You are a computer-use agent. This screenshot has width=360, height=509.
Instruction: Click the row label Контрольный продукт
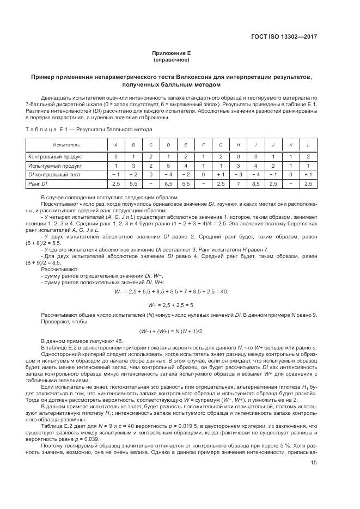pyautogui.click(x=56, y=156)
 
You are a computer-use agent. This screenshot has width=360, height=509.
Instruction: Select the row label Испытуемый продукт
pyautogui.click(x=56, y=165)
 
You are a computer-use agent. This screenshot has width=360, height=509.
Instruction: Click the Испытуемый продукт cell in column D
pyautogui.click(x=168, y=165)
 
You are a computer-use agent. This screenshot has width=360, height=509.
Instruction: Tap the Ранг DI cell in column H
pyautogui.click(x=239, y=183)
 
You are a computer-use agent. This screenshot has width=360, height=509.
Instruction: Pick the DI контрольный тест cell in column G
pyautogui.click(x=221, y=174)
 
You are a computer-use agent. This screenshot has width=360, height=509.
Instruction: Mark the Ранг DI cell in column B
pyautogui.click(x=133, y=183)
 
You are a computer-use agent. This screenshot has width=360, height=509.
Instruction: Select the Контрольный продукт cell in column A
pyautogui.click(x=115, y=156)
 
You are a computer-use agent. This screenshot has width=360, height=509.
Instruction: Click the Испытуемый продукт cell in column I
pyautogui.click(x=256, y=165)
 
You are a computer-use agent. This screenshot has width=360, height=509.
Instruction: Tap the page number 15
pyautogui.click(x=314, y=463)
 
